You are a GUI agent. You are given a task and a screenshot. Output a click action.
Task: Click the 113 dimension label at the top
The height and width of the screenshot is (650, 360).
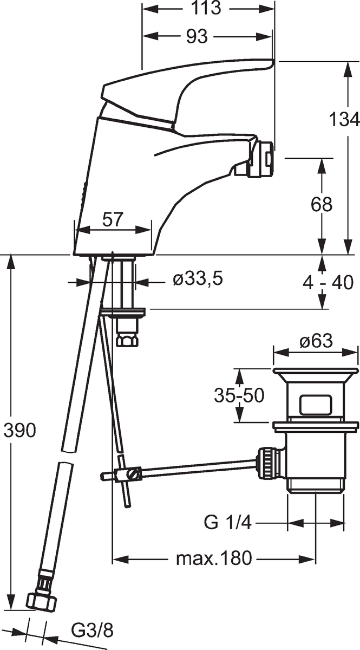(x=206, y=9)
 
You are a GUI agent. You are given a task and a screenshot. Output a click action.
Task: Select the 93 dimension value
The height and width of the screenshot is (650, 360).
(x=197, y=37)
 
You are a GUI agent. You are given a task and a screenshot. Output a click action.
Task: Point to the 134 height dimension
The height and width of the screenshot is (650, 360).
(x=344, y=120)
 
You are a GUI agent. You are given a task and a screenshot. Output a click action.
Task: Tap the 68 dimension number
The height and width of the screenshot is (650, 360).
(x=322, y=204)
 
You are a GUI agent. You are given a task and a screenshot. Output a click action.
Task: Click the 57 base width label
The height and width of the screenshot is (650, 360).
(x=113, y=220)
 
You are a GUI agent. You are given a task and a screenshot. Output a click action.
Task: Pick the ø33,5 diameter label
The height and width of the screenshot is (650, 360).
(x=198, y=279)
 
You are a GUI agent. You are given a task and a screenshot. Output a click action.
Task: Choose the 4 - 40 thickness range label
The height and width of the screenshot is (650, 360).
(x=328, y=282)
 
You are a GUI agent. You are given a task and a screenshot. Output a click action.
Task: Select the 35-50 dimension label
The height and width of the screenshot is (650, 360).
(x=239, y=395)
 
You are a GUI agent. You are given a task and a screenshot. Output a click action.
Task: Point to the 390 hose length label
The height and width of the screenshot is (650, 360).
(x=19, y=430)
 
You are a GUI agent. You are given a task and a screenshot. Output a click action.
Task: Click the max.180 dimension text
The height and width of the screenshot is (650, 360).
(x=214, y=558)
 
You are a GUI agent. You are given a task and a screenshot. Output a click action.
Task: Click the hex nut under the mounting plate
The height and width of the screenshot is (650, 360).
(x=127, y=339)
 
